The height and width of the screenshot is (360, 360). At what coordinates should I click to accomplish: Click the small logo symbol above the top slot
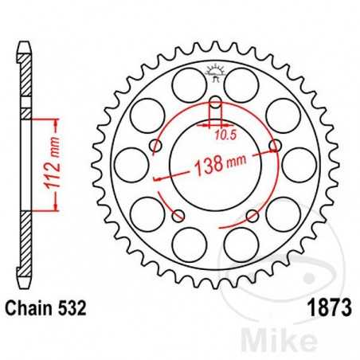coord(215,74)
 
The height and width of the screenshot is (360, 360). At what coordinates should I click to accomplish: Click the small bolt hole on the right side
coord(275,146)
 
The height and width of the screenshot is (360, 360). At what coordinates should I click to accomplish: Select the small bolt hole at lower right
coord(252,215)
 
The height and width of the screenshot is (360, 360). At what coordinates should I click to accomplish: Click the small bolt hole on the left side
coord(155,146)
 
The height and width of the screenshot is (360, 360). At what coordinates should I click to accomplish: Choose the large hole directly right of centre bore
coord(299,165)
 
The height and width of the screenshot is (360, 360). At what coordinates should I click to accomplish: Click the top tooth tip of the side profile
coord(25,41)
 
